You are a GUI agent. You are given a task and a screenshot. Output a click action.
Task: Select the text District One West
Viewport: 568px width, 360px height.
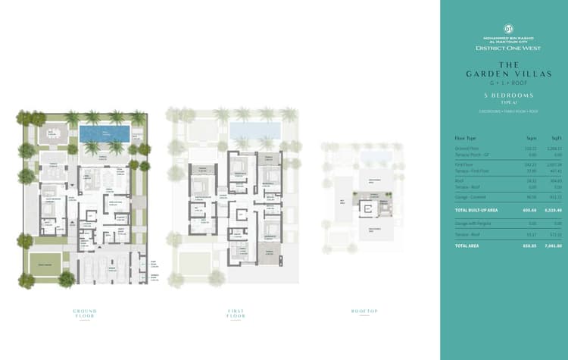504,48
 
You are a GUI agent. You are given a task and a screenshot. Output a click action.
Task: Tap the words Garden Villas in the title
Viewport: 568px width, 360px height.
504,73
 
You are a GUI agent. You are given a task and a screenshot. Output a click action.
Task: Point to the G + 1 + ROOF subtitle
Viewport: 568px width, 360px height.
504,80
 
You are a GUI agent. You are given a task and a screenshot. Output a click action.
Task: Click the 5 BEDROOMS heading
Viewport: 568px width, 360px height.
504,95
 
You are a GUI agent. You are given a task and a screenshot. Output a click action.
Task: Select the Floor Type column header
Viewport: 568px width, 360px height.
465,138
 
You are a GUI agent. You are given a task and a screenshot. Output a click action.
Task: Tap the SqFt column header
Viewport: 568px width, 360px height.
556,138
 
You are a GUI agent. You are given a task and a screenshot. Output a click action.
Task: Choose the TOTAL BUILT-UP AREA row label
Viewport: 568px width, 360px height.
476,208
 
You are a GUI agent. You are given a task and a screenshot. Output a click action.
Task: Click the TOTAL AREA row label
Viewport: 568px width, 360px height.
467,246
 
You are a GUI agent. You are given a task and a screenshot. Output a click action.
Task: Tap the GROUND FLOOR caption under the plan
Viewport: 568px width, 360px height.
85,312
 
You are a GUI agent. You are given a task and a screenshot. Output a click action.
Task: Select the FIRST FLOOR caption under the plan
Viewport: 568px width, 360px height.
236,312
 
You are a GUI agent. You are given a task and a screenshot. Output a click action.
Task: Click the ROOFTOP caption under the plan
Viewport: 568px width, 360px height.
364,310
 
